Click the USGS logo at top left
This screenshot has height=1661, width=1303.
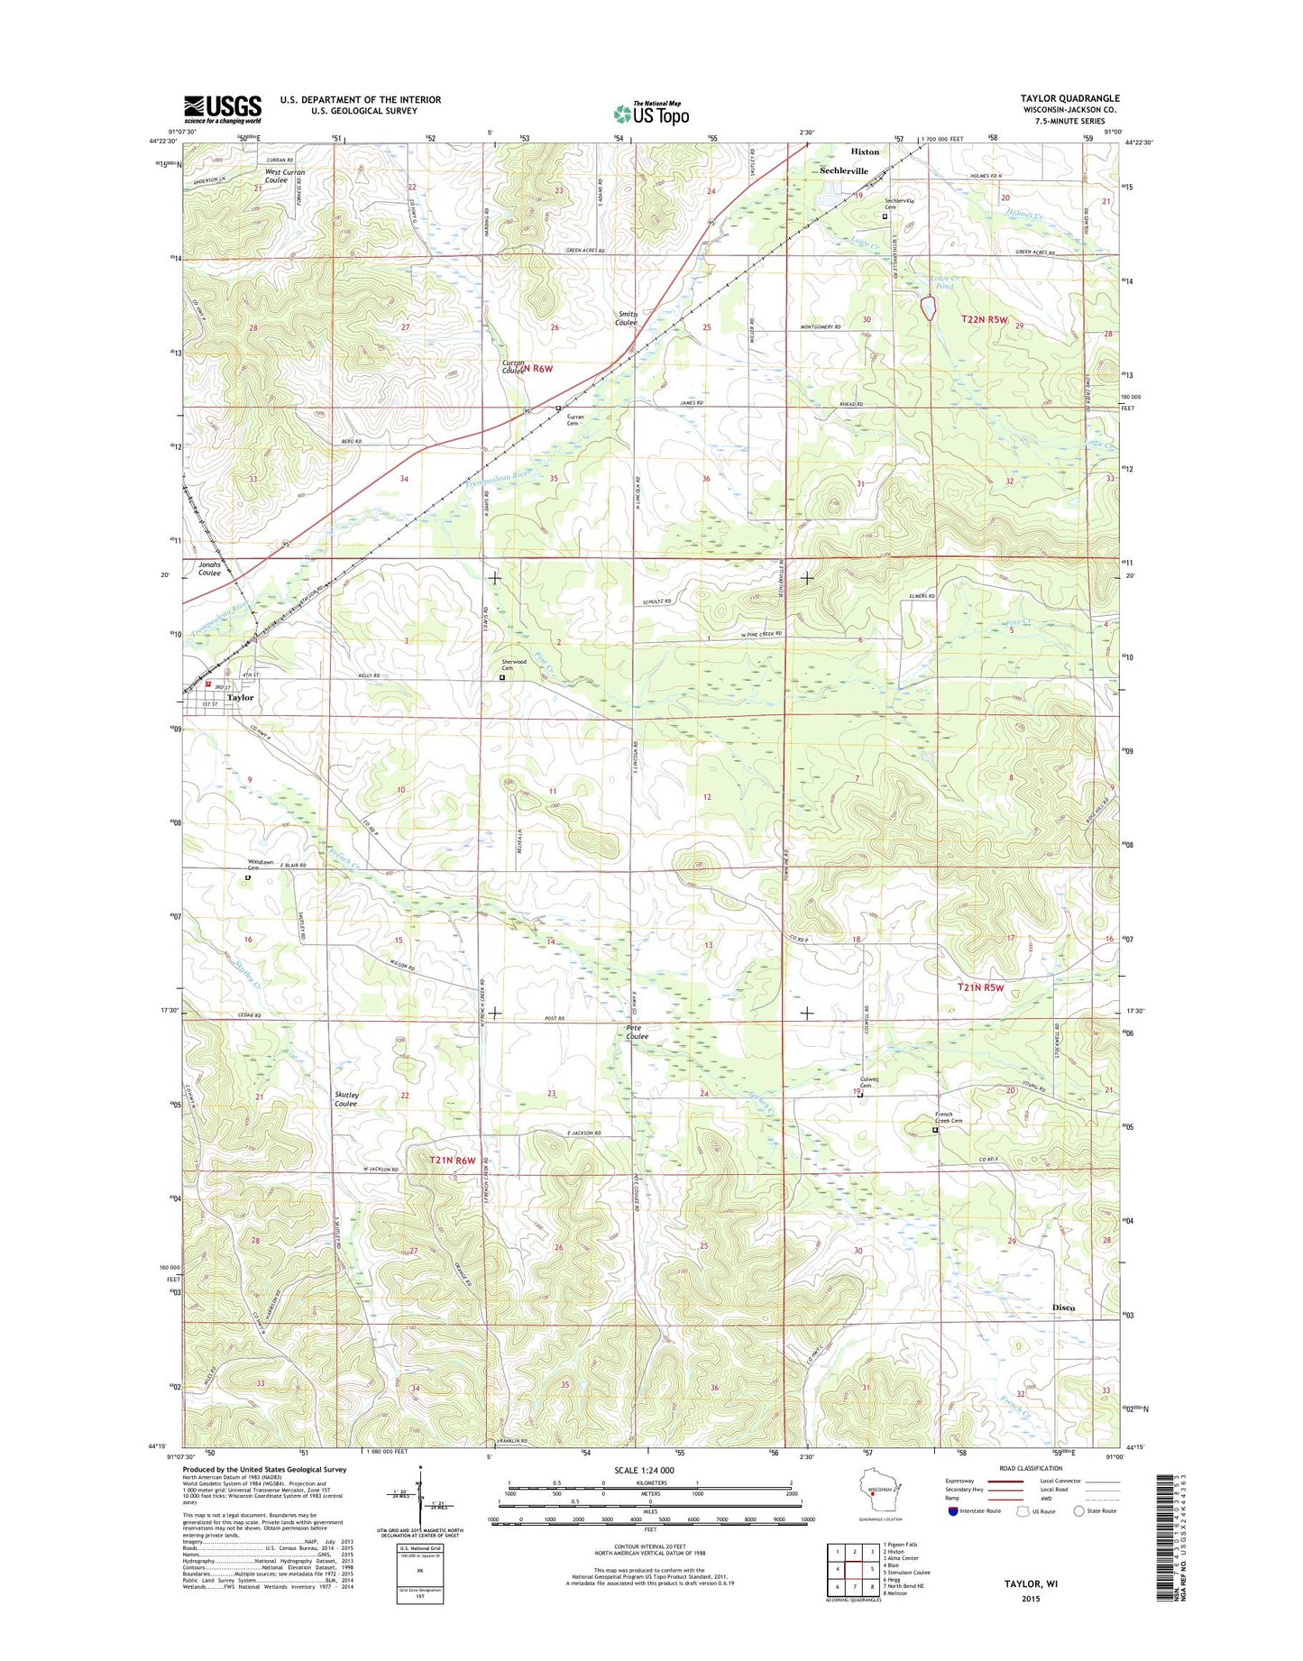[x=223, y=109]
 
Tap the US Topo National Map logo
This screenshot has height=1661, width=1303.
[x=651, y=114]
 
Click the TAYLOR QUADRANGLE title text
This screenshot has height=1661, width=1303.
[x=1069, y=98]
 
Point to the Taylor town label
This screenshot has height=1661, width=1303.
[x=240, y=698]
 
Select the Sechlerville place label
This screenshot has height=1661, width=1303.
[x=843, y=171]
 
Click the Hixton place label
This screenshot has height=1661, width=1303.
[x=865, y=152]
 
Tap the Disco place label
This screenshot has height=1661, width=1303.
[x=1063, y=1308]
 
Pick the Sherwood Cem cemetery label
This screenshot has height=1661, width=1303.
[x=513, y=665]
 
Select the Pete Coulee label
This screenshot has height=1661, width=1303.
[x=637, y=1032]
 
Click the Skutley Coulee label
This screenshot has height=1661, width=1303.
[x=346, y=1099]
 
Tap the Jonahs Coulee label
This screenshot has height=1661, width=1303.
[x=209, y=568]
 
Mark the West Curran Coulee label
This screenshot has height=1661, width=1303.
[x=284, y=176]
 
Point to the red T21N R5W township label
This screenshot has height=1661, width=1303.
[x=980, y=987]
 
